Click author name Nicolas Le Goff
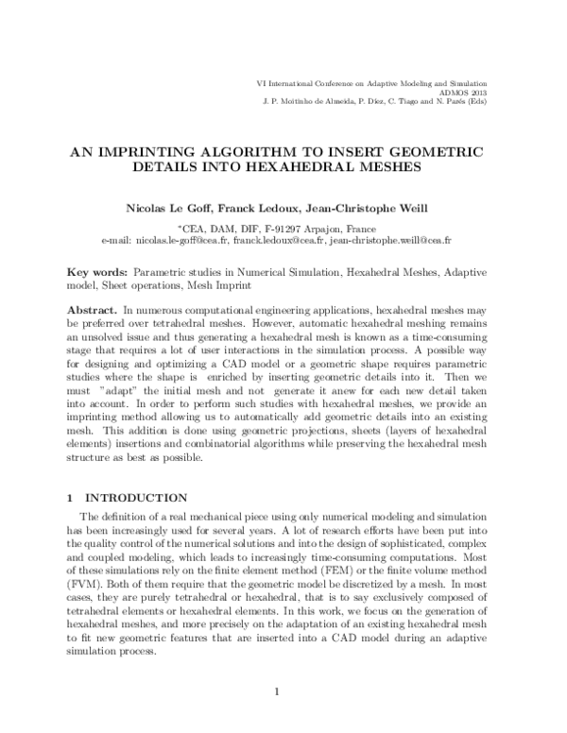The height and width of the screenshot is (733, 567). pyautogui.click(x=182, y=208)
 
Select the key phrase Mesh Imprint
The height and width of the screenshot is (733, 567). pyautogui.click(x=222, y=284)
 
